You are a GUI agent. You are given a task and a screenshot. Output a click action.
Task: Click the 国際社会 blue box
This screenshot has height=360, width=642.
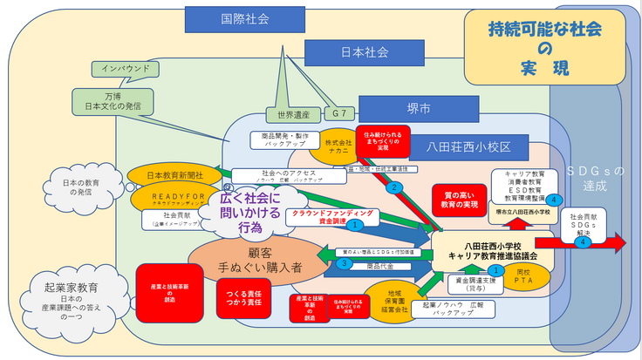(228, 17)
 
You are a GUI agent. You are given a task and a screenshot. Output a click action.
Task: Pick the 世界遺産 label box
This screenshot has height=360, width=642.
(289, 115)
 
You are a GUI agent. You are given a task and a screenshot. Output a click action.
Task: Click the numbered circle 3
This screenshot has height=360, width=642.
(345, 262)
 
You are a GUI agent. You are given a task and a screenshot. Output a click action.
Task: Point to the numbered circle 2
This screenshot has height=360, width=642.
(394, 187)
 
